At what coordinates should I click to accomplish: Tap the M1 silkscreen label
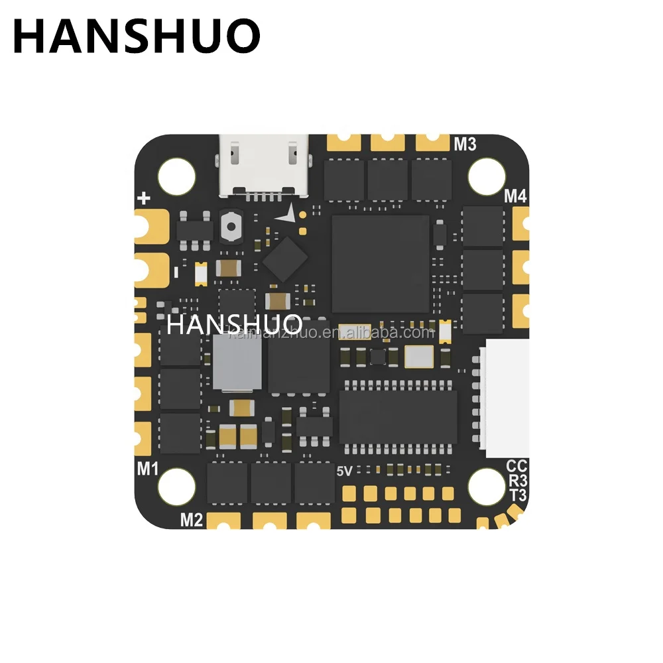coord(147,469)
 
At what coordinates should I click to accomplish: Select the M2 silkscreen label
coord(191,520)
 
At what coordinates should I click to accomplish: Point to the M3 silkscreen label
coord(465,143)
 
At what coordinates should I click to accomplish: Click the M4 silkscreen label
coord(515,196)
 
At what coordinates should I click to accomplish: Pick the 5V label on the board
coord(345,471)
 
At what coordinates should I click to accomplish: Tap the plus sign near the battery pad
coord(145,198)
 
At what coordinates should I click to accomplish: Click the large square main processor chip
coord(380,263)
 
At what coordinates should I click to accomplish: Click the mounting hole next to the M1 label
coord(176,485)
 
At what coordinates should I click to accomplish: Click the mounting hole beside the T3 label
coord(486,485)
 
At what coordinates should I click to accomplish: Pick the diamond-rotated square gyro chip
coord(285,258)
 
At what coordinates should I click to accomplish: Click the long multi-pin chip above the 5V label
coord(398,416)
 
